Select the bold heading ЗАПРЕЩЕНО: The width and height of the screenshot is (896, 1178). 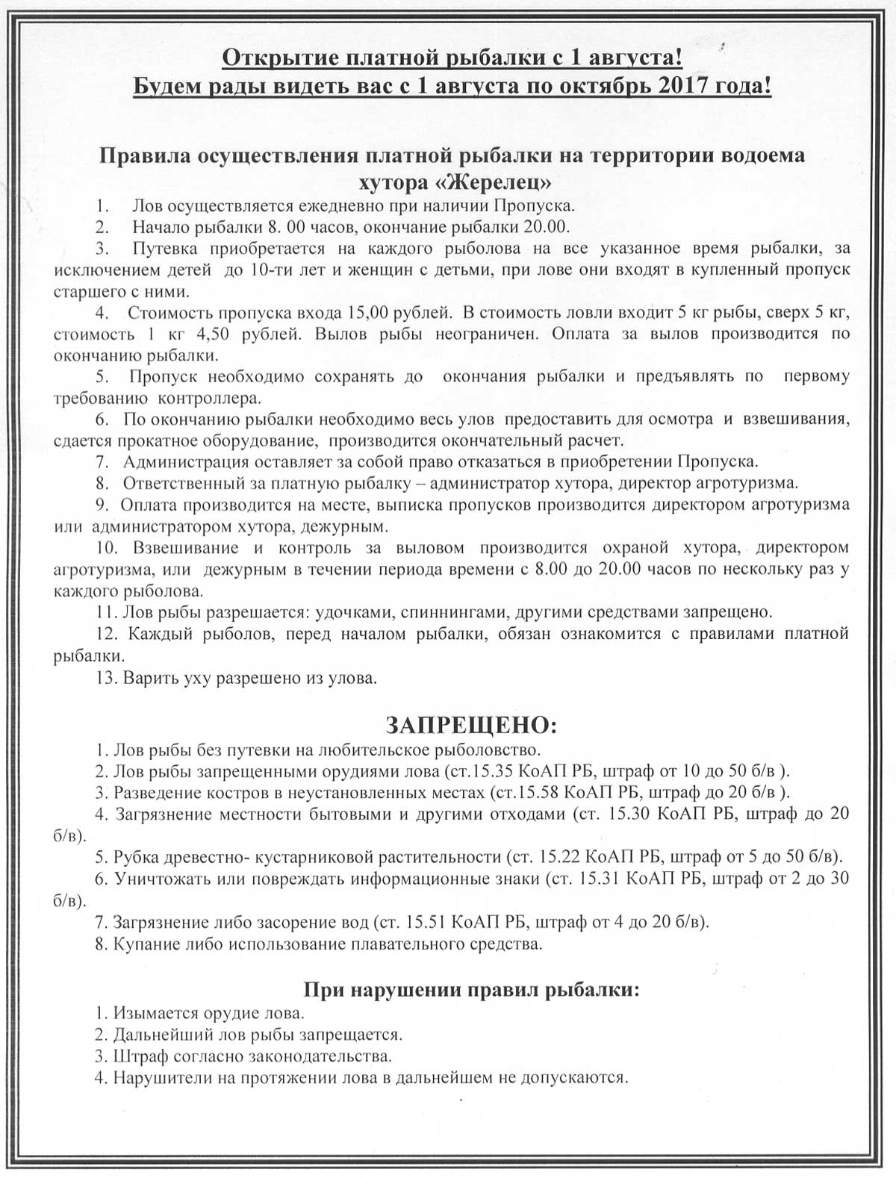click(x=470, y=725)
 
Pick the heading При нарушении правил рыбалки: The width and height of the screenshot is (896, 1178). click(x=472, y=991)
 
